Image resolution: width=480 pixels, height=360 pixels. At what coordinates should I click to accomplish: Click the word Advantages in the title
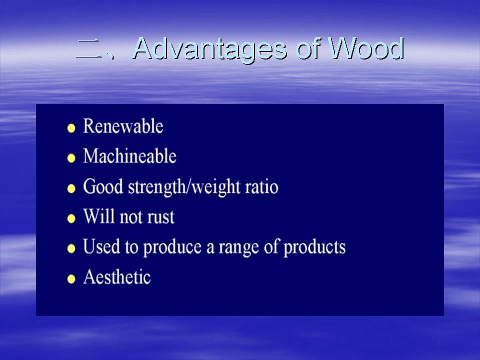(210, 49)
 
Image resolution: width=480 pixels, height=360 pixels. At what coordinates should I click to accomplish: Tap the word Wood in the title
(366, 48)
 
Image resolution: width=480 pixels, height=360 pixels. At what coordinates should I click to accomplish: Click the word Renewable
(123, 126)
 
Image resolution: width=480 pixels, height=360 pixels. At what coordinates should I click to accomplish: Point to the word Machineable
(130, 156)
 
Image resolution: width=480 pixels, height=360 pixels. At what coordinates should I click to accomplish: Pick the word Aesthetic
(117, 277)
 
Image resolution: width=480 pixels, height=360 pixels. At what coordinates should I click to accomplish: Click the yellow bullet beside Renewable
(71, 128)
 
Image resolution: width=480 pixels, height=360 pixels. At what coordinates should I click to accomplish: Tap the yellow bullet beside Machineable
(71, 158)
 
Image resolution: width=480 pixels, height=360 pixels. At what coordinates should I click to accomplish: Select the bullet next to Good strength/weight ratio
(71, 188)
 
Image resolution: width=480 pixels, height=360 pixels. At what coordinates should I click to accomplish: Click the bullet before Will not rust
(71, 218)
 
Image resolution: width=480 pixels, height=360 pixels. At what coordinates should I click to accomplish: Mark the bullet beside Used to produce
(71, 248)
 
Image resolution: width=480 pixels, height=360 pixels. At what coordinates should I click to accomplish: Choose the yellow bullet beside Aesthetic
(71, 279)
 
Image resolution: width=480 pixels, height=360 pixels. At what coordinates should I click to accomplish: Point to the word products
(314, 248)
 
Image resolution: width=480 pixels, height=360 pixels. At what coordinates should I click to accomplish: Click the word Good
(103, 186)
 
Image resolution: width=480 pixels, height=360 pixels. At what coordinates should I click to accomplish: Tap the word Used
(101, 246)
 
